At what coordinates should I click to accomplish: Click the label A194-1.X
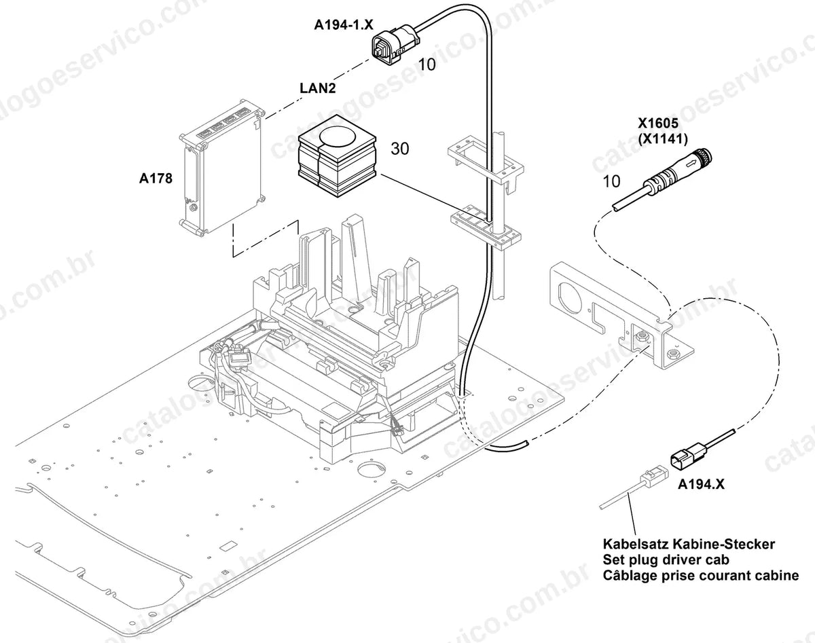[x=344, y=25]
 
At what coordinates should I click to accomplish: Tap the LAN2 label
[x=318, y=88]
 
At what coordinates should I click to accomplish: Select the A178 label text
[x=156, y=178]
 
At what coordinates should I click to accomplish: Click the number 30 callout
[x=400, y=149]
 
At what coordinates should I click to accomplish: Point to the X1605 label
[x=658, y=123]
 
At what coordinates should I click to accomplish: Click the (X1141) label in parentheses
[x=663, y=139]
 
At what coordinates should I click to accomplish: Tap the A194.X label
[x=701, y=484]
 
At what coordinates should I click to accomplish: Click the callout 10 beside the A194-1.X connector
[x=427, y=65]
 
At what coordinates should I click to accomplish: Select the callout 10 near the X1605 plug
[x=611, y=181]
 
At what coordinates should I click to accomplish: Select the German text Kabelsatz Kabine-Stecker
[x=689, y=545]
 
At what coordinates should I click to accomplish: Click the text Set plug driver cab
[x=666, y=559]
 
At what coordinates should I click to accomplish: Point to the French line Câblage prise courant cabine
[x=701, y=576]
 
